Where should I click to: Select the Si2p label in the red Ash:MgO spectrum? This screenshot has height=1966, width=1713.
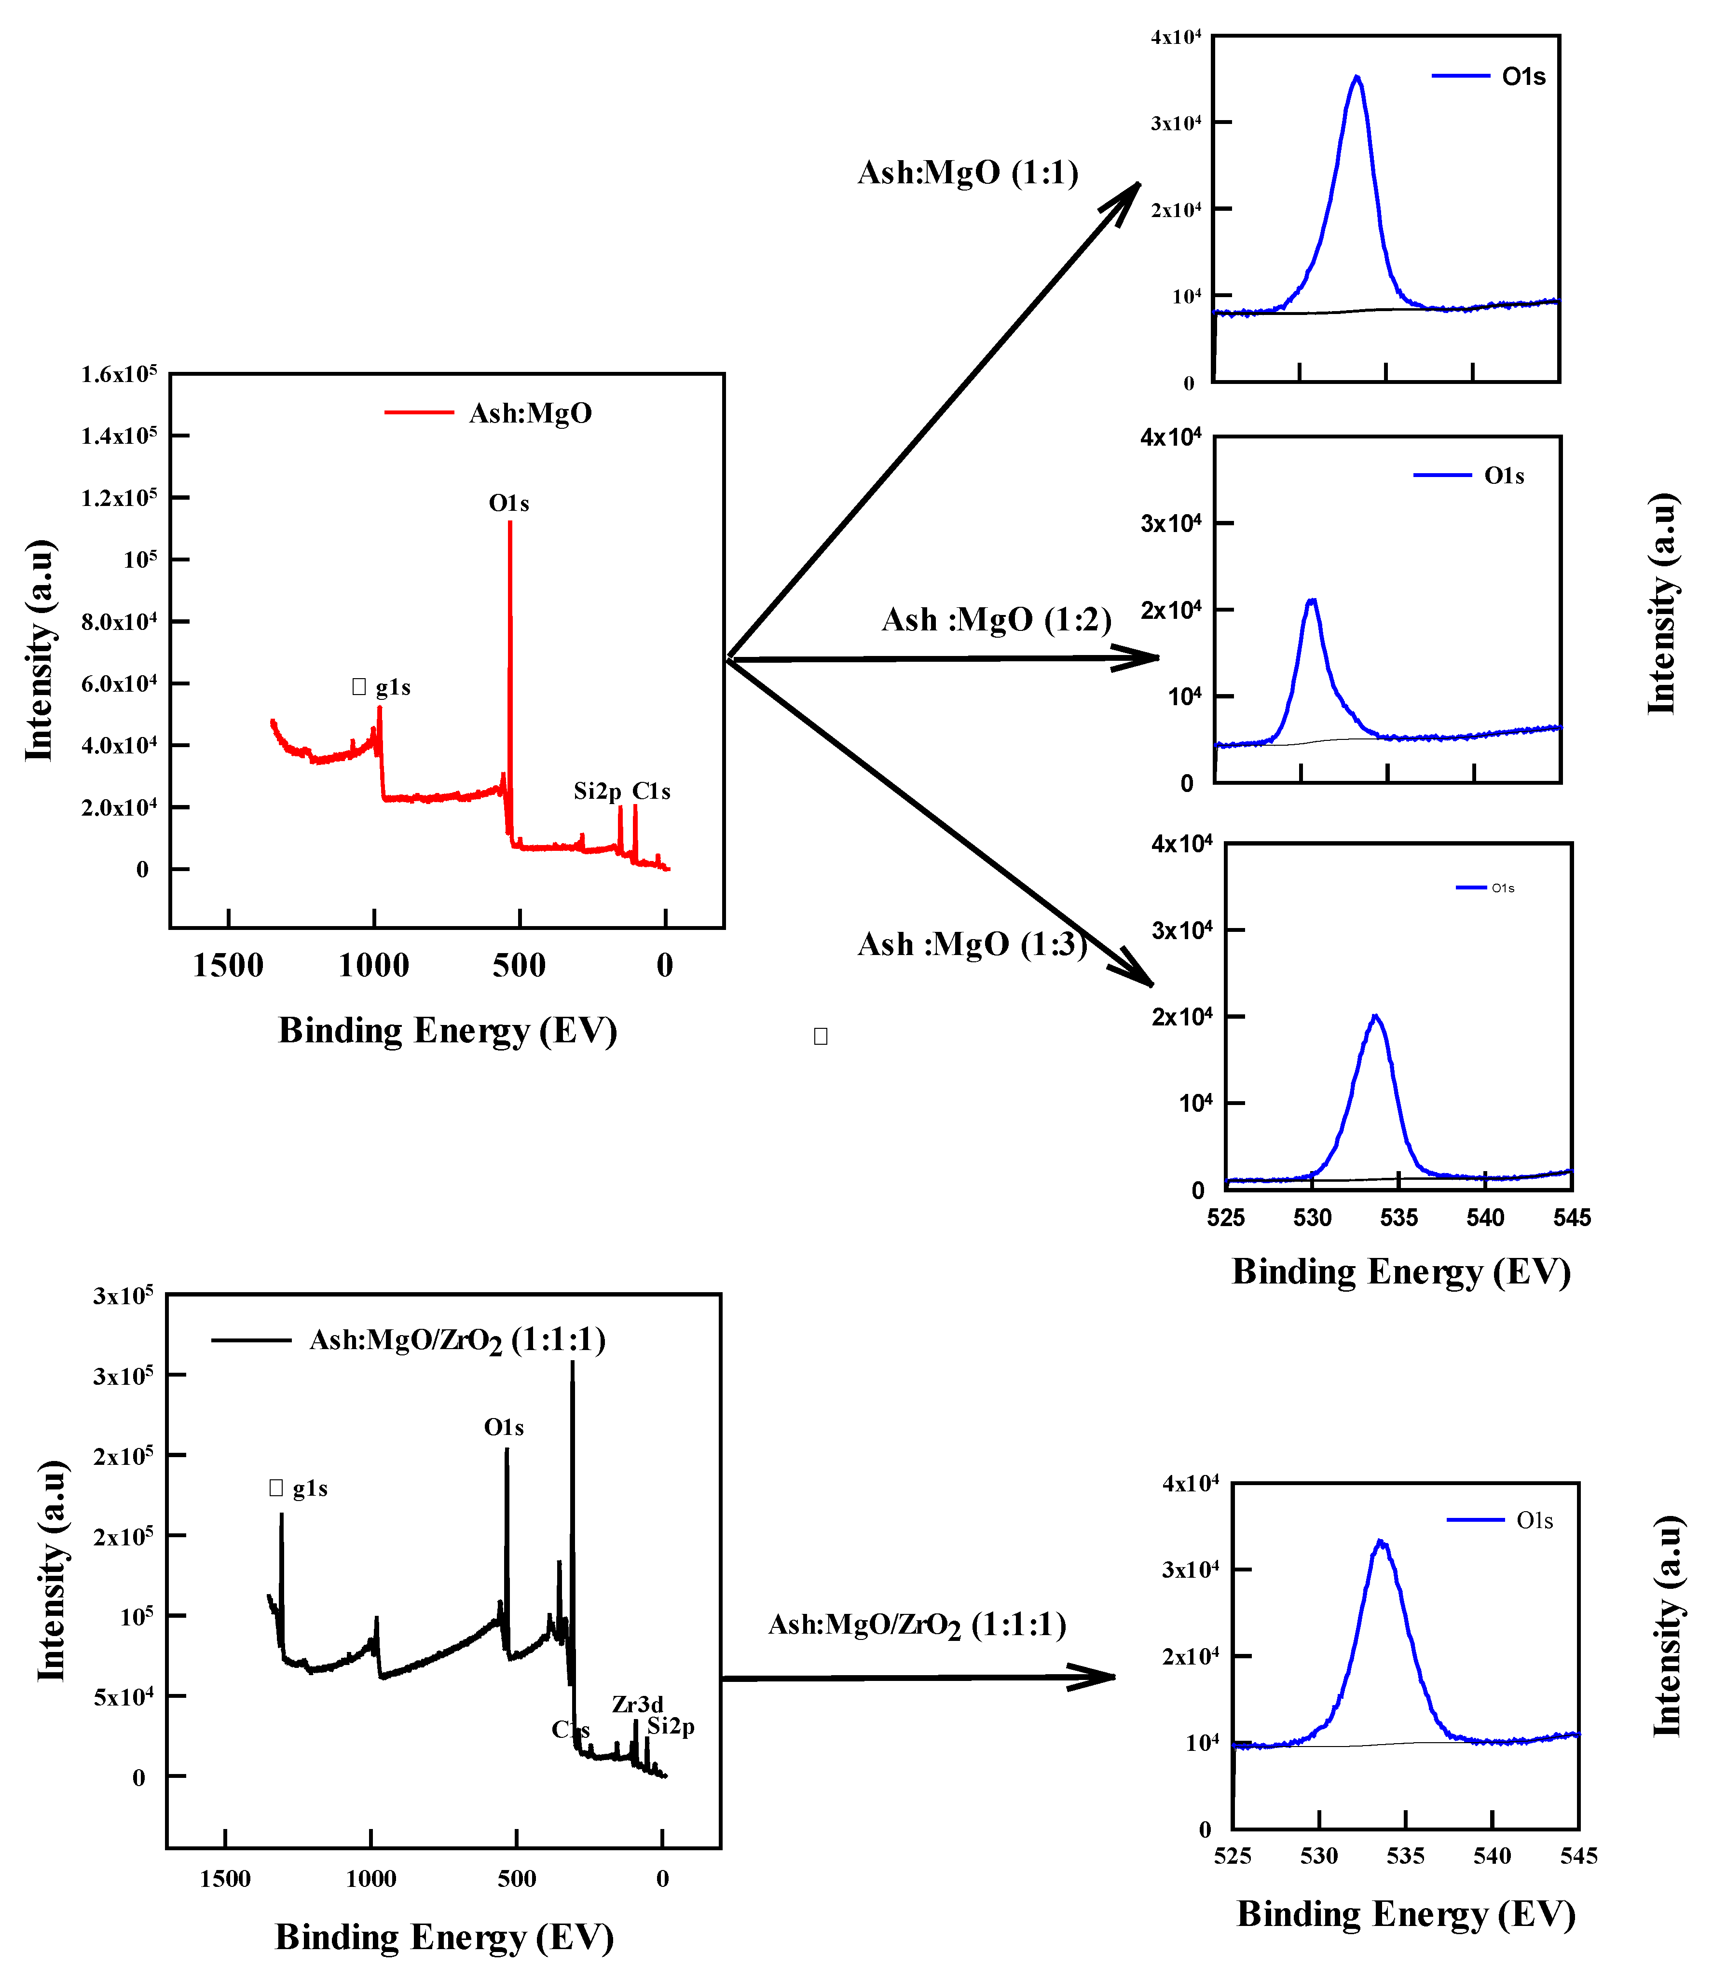[x=597, y=792]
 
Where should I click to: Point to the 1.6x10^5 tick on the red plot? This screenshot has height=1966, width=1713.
[x=119, y=374]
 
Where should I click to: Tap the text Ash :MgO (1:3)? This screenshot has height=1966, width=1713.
[x=972, y=944]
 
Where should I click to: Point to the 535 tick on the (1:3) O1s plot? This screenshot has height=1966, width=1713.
[x=1398, y=1217]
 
